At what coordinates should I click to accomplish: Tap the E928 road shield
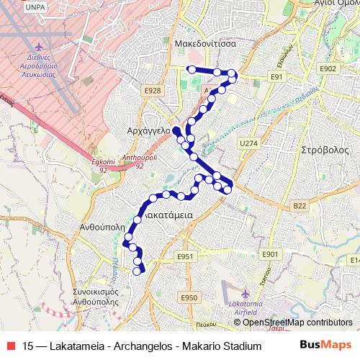pos(152,90)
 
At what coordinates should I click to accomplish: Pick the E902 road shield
pos(328,68)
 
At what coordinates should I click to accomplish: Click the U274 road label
pos(248,143)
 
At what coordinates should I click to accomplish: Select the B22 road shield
pos(300,206)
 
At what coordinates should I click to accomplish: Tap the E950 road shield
pos(189,297)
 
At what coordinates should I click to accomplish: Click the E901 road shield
pos(270,255)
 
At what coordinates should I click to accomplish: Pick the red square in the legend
pos(12,346)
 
